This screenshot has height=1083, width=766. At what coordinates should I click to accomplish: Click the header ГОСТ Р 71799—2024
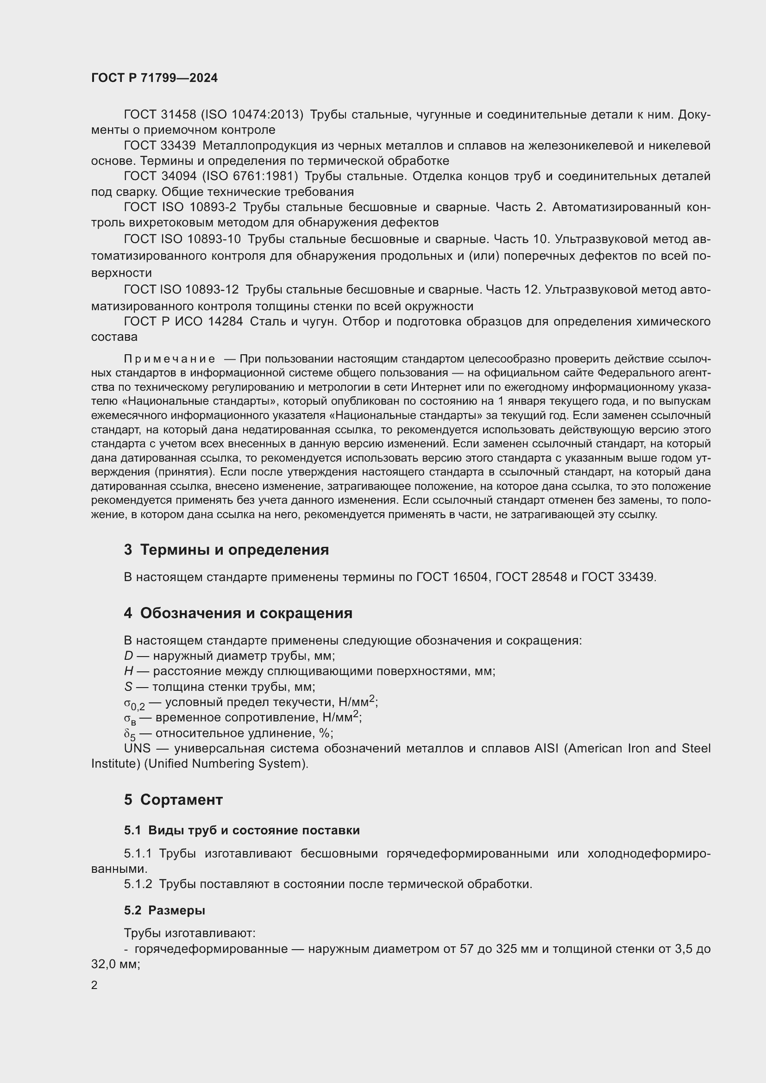tap(154, 78)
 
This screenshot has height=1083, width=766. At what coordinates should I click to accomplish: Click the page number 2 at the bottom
tap(94, 985)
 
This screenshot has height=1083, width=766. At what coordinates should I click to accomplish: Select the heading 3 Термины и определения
tap(226, 550)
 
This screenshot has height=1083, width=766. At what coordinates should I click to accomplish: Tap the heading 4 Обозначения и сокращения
tap(238, 613)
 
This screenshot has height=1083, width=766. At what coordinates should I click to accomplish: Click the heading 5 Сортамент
tap(173, 800)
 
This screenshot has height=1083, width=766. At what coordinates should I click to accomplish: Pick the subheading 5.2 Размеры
tap(164, 910)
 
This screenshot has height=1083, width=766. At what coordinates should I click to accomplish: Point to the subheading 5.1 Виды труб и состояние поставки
tap(241, 830)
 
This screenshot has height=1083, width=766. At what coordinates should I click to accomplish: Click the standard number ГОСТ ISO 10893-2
tap(180, 207)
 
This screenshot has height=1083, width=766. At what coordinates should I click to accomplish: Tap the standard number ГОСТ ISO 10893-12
tap(181, 289)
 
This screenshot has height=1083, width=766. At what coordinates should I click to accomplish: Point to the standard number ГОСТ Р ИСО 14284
tap(183, 322)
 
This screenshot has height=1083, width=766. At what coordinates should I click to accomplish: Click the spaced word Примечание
tap(170, 359)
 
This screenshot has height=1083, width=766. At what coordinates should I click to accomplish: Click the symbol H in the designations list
tap(128, 671)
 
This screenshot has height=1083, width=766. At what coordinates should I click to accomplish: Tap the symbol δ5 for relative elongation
tap(129, 734)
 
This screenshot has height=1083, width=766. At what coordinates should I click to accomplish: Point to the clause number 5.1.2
tap(138, 884)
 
